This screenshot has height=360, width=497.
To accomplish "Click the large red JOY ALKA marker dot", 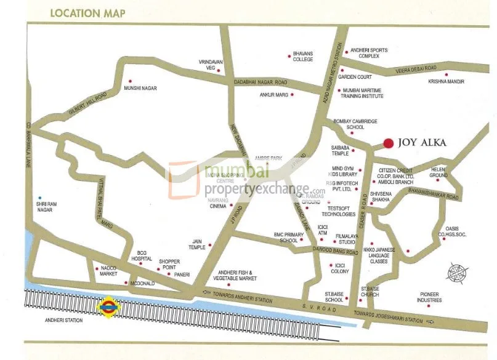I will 387,143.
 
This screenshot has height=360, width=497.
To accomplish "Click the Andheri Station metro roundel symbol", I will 108,305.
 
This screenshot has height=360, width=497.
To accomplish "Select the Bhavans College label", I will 302,56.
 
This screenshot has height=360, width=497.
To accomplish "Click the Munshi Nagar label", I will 140,89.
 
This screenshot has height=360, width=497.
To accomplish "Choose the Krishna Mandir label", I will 446,82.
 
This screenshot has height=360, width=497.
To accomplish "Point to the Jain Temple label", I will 197,244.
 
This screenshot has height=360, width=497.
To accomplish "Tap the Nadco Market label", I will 108,271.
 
